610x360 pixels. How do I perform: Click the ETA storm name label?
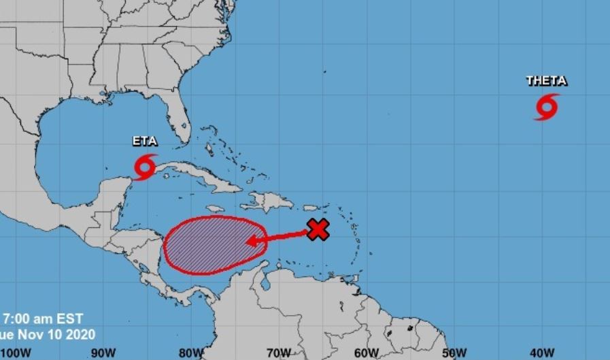(x=145, y=142)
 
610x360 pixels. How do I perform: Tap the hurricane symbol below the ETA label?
(x=145, y=167)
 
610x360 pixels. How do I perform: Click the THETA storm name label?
(x=546, y=81)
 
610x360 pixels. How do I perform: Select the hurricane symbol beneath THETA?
(x=546, y=107)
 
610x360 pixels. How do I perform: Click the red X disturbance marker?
(x=318, y=230)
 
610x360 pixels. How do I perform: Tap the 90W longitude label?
(x=103, y=353)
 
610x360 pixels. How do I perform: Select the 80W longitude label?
(x=191, y=353)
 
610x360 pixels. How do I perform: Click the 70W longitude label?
(x=279, y=353)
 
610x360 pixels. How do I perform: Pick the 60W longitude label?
(x=366, y=353)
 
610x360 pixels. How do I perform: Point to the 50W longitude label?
(x=454, y=353)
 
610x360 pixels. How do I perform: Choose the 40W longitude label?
(x=541, y=353)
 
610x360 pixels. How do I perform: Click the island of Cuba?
(x=197, y=173)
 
